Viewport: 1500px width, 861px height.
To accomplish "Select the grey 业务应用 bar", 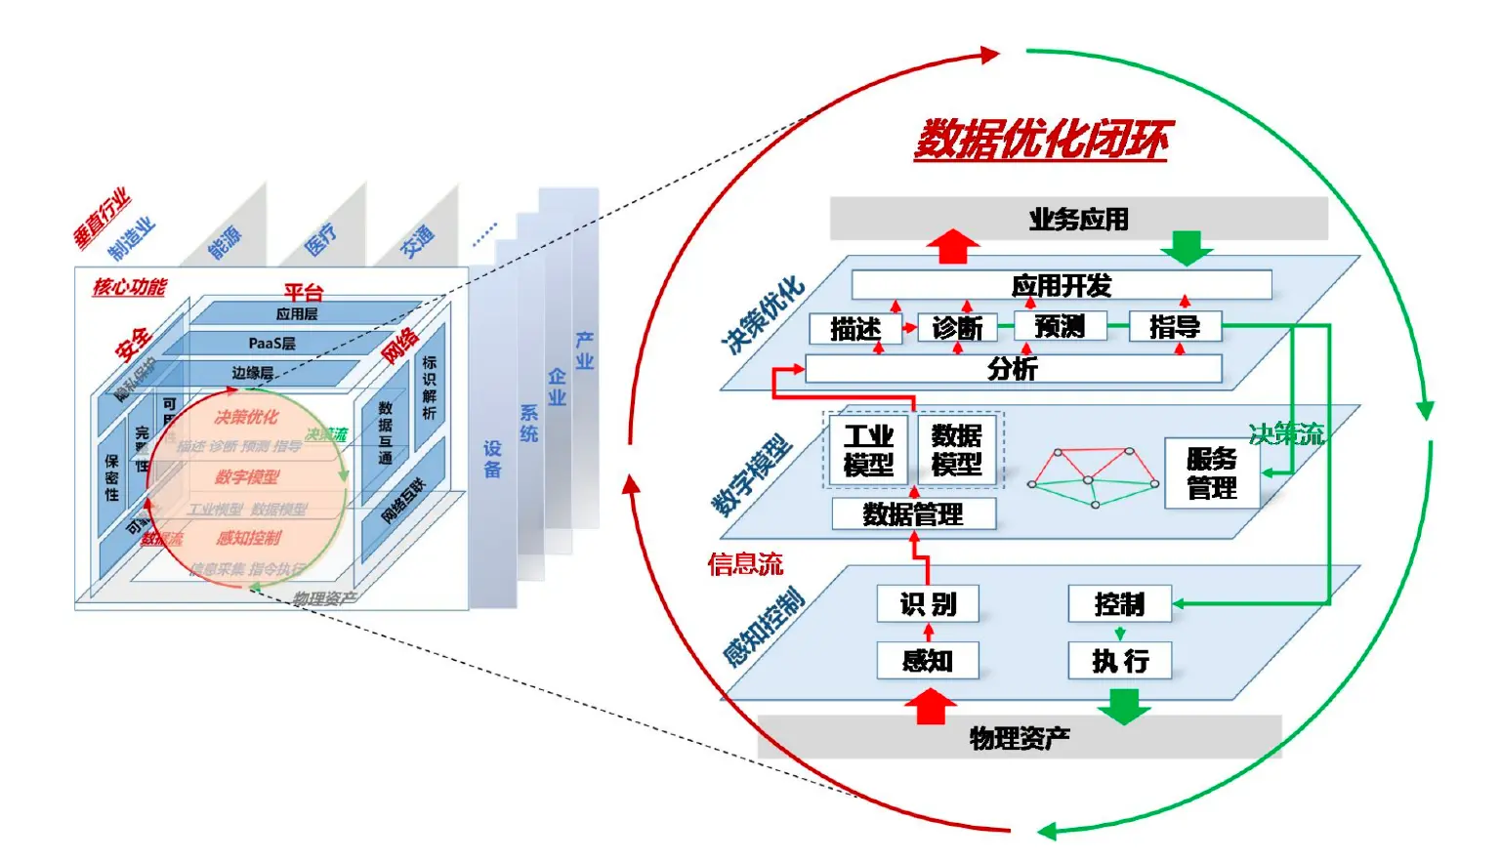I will tap(1078, 219).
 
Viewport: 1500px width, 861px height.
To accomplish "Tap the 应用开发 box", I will tap(1062, 285).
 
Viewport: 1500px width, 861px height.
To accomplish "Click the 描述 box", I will tap(855, 328).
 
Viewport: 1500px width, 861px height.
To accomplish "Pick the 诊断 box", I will tap(957, 327).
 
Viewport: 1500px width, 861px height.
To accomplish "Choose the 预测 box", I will tap(1060, 326).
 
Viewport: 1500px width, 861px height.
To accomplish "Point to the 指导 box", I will tap(1175, 326).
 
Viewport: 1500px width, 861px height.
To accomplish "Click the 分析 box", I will tap(1013, 368).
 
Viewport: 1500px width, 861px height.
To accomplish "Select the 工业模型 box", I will tap(868, 450).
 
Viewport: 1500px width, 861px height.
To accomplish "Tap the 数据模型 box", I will tap(957, 450).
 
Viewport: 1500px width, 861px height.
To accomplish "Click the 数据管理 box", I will tap(913, 513).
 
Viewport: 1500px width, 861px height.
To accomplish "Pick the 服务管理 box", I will tap(1212, 473).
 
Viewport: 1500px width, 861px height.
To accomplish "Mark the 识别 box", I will tap(928, 604).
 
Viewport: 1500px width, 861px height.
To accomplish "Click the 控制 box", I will tap(1119, 604).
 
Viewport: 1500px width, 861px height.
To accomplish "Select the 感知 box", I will tap(928, 661).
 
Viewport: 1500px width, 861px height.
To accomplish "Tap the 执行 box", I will tap(1119, 661).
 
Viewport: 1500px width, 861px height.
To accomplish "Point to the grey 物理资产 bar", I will tap(1020, 737).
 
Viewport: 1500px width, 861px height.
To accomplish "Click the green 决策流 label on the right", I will tap(1286, 434).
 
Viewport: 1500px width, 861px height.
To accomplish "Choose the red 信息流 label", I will tap(745, 563).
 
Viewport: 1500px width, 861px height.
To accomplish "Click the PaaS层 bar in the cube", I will tap(272, 344).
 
